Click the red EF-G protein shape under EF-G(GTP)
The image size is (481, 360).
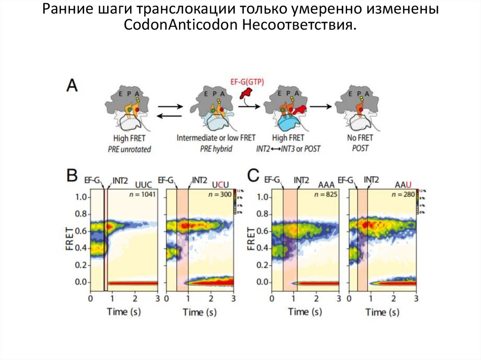pos(245,94)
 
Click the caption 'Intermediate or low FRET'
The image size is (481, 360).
pos(216,138)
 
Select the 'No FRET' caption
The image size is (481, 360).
pos(360,138)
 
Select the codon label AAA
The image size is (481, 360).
pos(326,184)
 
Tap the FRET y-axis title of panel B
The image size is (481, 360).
pos(69,239)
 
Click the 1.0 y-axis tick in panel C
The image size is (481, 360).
pos(262,197)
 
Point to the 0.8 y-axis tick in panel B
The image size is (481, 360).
pos(80,214)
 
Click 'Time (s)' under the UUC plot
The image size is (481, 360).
pos(124,311)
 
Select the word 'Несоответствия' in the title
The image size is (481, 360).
pos(297,24)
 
